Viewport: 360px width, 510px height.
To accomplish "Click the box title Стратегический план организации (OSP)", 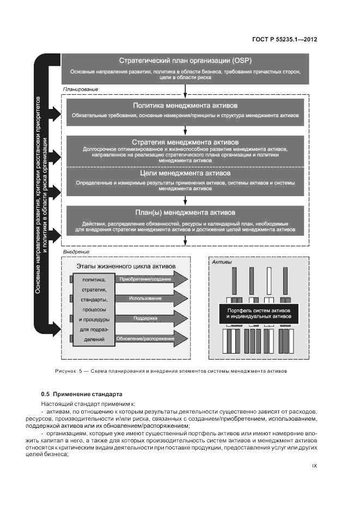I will pyautogui.click(x=185, y=60).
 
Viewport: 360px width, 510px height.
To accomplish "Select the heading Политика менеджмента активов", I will pyautogui.click(x=185, y=105).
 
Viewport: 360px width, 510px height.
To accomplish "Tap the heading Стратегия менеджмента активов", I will pyautogui.click(x=185, y=142).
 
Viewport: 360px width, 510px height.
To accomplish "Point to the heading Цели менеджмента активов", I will pyautogui.click(x=185, y=173).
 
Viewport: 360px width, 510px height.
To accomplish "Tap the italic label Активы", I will pyautogui.click(x=222, y=263).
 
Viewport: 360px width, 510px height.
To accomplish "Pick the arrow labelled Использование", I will pyautogui.click(x=145, y=299).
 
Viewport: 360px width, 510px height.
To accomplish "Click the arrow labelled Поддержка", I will pyautogui.click(x=145, y=318).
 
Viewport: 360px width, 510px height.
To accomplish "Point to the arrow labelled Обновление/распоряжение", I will pyautogui.click(x=145, y=339).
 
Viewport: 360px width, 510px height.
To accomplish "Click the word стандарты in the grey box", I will pyautogui.click(x=94, y=300).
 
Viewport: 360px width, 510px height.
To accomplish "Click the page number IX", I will pyautogui.click(x=314, y=466).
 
